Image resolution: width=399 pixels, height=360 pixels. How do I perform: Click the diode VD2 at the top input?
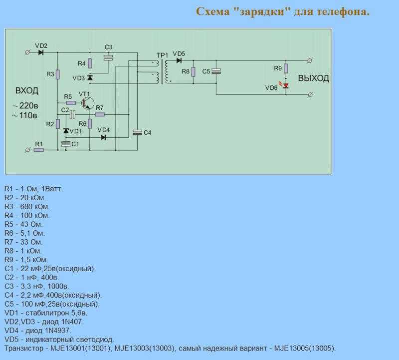(x=41, y=52)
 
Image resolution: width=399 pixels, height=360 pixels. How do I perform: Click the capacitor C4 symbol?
(x=137, y=132)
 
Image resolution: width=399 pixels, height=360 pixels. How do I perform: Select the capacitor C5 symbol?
(x=216, y=71)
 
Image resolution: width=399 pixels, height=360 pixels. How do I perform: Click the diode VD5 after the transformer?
(x=178, y=60)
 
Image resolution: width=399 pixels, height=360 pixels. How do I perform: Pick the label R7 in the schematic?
(x=99, y=108)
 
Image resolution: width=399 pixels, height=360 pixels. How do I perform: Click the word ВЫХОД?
(x=313, y=79)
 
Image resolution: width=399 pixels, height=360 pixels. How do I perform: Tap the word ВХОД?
(x=26, y=91)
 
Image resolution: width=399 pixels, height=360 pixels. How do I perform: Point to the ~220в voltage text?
(x=25, y=106)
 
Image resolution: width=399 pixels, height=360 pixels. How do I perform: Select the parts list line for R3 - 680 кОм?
(x=27, y=206)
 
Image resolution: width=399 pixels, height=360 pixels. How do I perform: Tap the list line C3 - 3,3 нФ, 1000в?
(x=37, y=286)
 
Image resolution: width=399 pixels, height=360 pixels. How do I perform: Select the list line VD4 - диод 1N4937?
(x=38, y=330)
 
